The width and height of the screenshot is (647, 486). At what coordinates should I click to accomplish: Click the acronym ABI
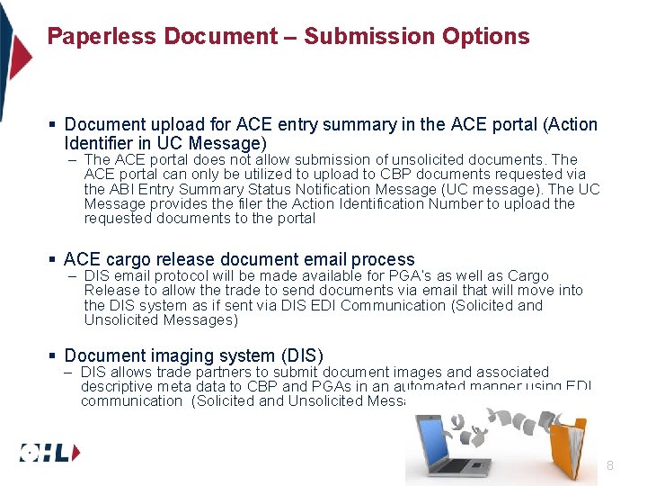point(121,189)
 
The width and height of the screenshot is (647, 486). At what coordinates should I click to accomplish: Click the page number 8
point(610,465)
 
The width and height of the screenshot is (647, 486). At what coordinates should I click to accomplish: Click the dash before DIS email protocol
point(72,275)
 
